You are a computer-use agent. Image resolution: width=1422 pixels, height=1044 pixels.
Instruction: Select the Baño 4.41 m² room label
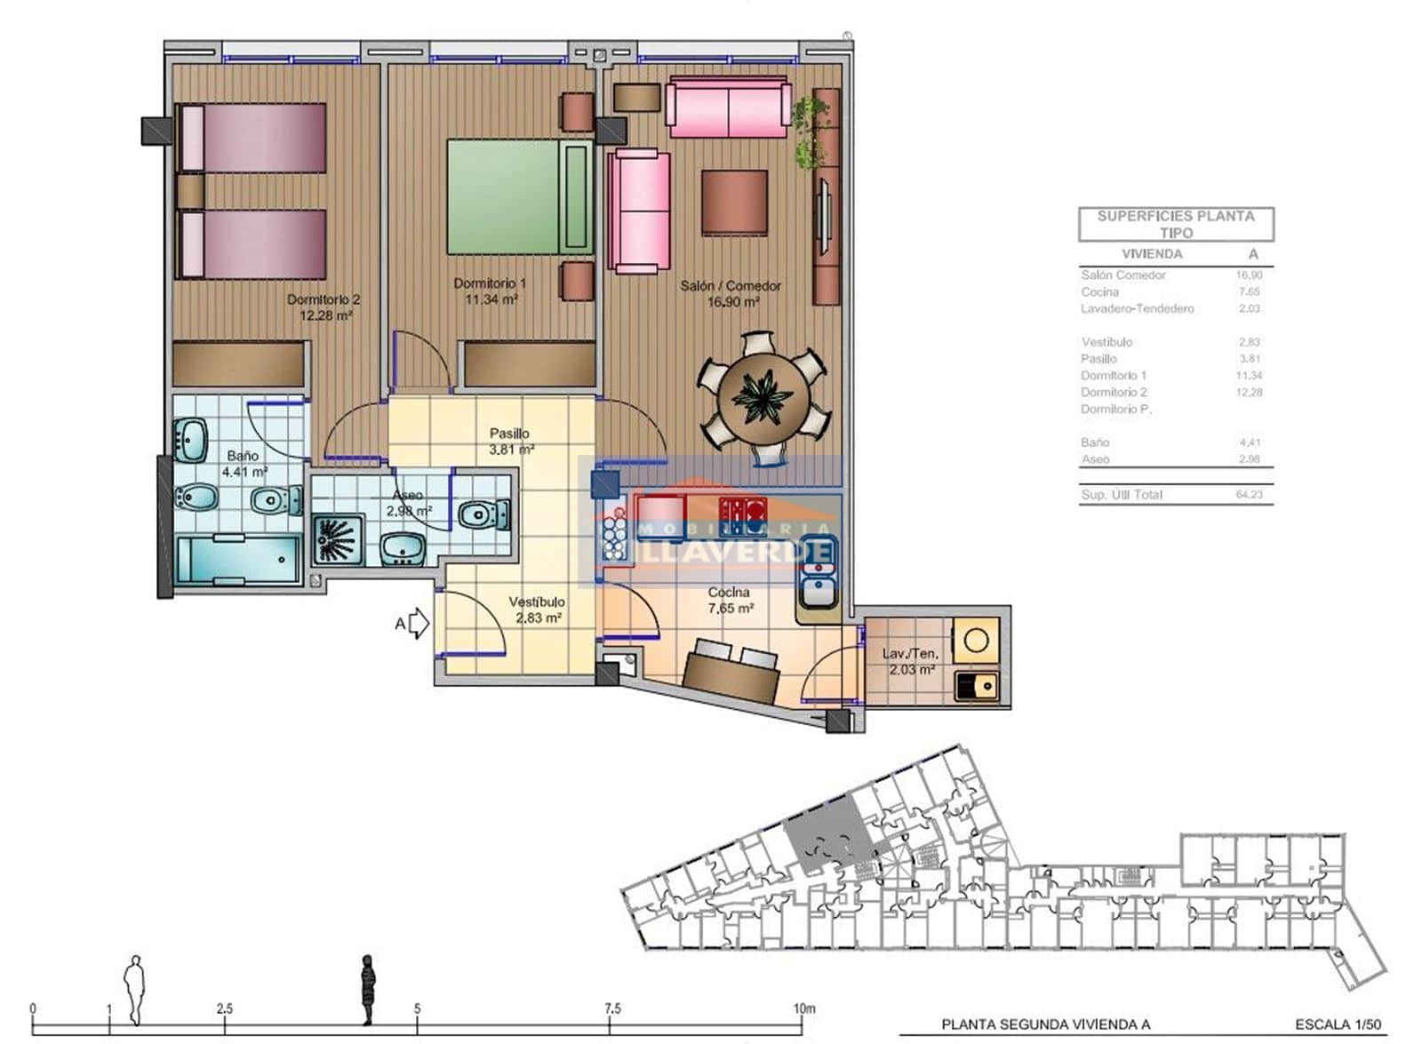pyautogui.click(x=243, y=464)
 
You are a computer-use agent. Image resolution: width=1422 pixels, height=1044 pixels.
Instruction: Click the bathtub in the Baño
pyautogui.click(x=238, y=560)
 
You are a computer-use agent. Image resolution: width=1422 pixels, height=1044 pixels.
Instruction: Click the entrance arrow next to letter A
pyautogui.click(x=419, y=624)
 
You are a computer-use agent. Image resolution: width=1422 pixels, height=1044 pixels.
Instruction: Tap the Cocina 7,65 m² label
pyautogui.click(x=730, y=601)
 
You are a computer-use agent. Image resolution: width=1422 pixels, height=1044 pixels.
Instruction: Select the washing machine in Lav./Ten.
pyautogui.click(x=976, y=641)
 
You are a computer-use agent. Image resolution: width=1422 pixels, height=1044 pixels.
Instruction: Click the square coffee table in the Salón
pyautogui.click(x=734, y=203)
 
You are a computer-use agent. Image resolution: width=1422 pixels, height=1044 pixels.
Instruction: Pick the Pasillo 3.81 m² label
pyautogui.click(x=510, y=442)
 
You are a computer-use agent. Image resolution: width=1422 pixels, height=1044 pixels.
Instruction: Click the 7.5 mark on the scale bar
pyautogui.click(x=611, y=1009)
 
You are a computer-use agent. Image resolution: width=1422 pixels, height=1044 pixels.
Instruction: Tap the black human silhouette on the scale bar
pyautogui.click(x=368, y=988)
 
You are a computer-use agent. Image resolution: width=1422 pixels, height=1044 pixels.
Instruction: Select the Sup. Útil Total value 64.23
pyautogui.click(x=1249, y=495)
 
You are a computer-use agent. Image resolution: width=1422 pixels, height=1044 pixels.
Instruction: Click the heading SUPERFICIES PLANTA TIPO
pyautogui.click(x=1175, y=224)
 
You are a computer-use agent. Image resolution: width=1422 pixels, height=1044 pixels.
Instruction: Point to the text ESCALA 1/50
pyautogui.click(x=1338, y=1024)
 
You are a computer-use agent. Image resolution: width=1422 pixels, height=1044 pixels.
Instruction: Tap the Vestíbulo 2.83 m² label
pyautogui.click(x=537, y=610)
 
